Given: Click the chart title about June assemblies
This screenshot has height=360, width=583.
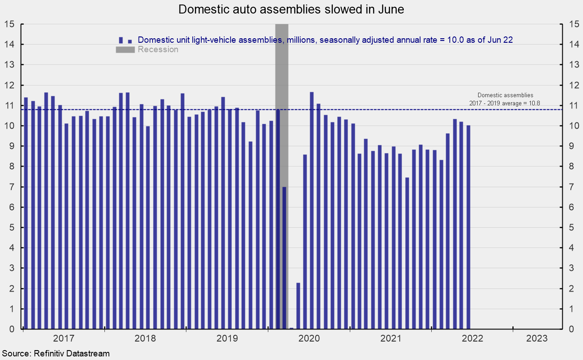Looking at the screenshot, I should (x=291, y=9).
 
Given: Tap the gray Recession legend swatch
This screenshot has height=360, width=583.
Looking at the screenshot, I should (x=126, y=49).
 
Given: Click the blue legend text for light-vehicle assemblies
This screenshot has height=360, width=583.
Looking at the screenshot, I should (x=325, y=40).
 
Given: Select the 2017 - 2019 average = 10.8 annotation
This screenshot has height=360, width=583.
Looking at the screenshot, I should (x=505, y=103).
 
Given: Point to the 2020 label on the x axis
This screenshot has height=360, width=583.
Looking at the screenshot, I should (x=308, y=338).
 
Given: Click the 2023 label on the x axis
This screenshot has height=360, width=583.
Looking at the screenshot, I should (x=537, y=338).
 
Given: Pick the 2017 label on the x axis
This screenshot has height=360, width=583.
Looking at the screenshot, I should (x=63, y=338).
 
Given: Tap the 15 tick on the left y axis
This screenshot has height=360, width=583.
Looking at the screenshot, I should (x=10, y=24).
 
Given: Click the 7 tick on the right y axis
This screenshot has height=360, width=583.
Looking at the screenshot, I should (x=570, y=187).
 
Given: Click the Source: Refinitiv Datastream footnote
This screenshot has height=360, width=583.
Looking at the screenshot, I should (x=55, y=353).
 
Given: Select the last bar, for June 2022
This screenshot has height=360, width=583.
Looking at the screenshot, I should (x=468, y=227).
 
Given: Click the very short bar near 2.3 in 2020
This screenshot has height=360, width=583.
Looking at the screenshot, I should (x=298, y=306).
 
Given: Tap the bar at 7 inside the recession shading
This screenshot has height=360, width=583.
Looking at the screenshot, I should (x=285, y=258).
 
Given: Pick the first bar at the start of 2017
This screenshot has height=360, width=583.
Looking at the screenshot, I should (x=26, y=213).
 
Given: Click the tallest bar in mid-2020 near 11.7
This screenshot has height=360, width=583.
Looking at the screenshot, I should (x=312, y=211).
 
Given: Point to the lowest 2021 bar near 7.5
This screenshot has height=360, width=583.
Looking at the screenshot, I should (x=407, y=253).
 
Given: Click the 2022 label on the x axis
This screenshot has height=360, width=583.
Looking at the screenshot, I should (x=469, y=338).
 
